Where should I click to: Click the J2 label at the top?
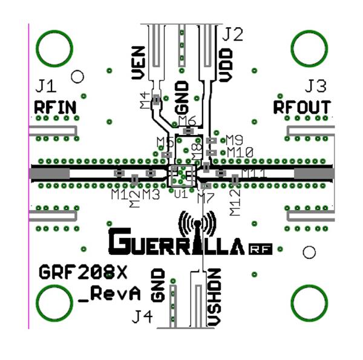coord(232,34)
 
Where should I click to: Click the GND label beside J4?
coord(159,286)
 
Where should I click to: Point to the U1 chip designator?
coord(180,194)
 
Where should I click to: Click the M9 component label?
coord(234,139)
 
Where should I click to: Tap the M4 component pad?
coord(156,100)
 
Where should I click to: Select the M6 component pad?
coord(188,131)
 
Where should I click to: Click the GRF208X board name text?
coord(83,272)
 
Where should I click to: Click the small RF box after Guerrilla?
coord(259,248)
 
